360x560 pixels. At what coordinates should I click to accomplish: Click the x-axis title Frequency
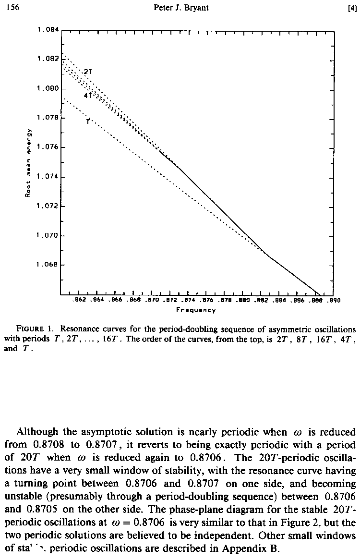(x=196, y=310)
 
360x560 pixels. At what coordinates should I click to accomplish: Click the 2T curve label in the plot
(x=87, y=72)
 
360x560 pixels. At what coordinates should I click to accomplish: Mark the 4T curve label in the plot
(x=87, y=95)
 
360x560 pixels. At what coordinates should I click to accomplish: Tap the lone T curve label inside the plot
(x=88, y=122)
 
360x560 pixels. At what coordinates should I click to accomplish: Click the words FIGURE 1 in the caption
(x=34, y=329)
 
